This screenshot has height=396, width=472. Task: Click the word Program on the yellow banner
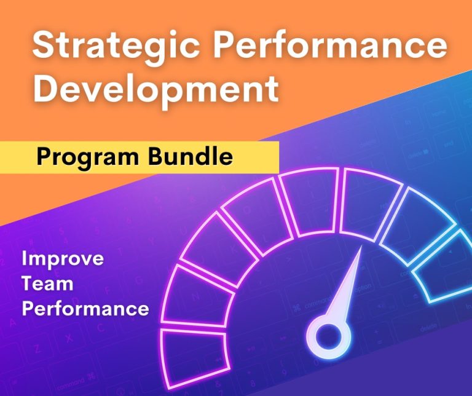(x=88, y=157)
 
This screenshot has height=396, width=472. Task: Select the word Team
(x=47, y=283)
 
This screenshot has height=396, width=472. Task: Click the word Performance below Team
(x=85, y=307)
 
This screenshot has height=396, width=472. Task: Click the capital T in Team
(x=28, y=283)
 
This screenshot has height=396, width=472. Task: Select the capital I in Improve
(x=24, y=258)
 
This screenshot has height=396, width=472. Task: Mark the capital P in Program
(x=44, y=157)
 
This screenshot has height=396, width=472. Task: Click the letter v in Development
(x=99, y=89)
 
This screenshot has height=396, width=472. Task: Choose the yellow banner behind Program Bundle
(x=258, y=157)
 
